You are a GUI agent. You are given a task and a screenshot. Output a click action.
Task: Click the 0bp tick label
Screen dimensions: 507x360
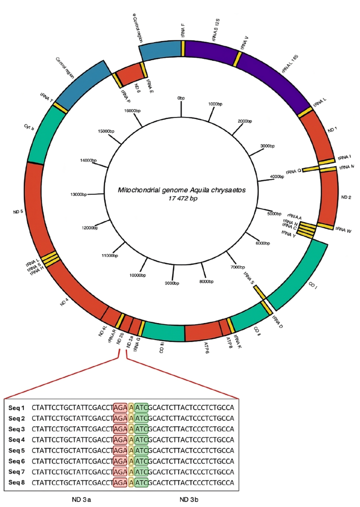tap(181, 98)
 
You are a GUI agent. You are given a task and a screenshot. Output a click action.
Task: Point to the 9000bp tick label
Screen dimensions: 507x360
tap(171, 283)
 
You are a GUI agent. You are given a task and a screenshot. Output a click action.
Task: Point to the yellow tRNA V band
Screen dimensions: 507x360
tap(238, 59)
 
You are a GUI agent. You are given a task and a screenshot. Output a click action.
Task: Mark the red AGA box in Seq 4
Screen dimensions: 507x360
tap(119, 439)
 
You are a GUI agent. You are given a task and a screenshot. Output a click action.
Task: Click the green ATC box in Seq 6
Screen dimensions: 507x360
tap(141, 461)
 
